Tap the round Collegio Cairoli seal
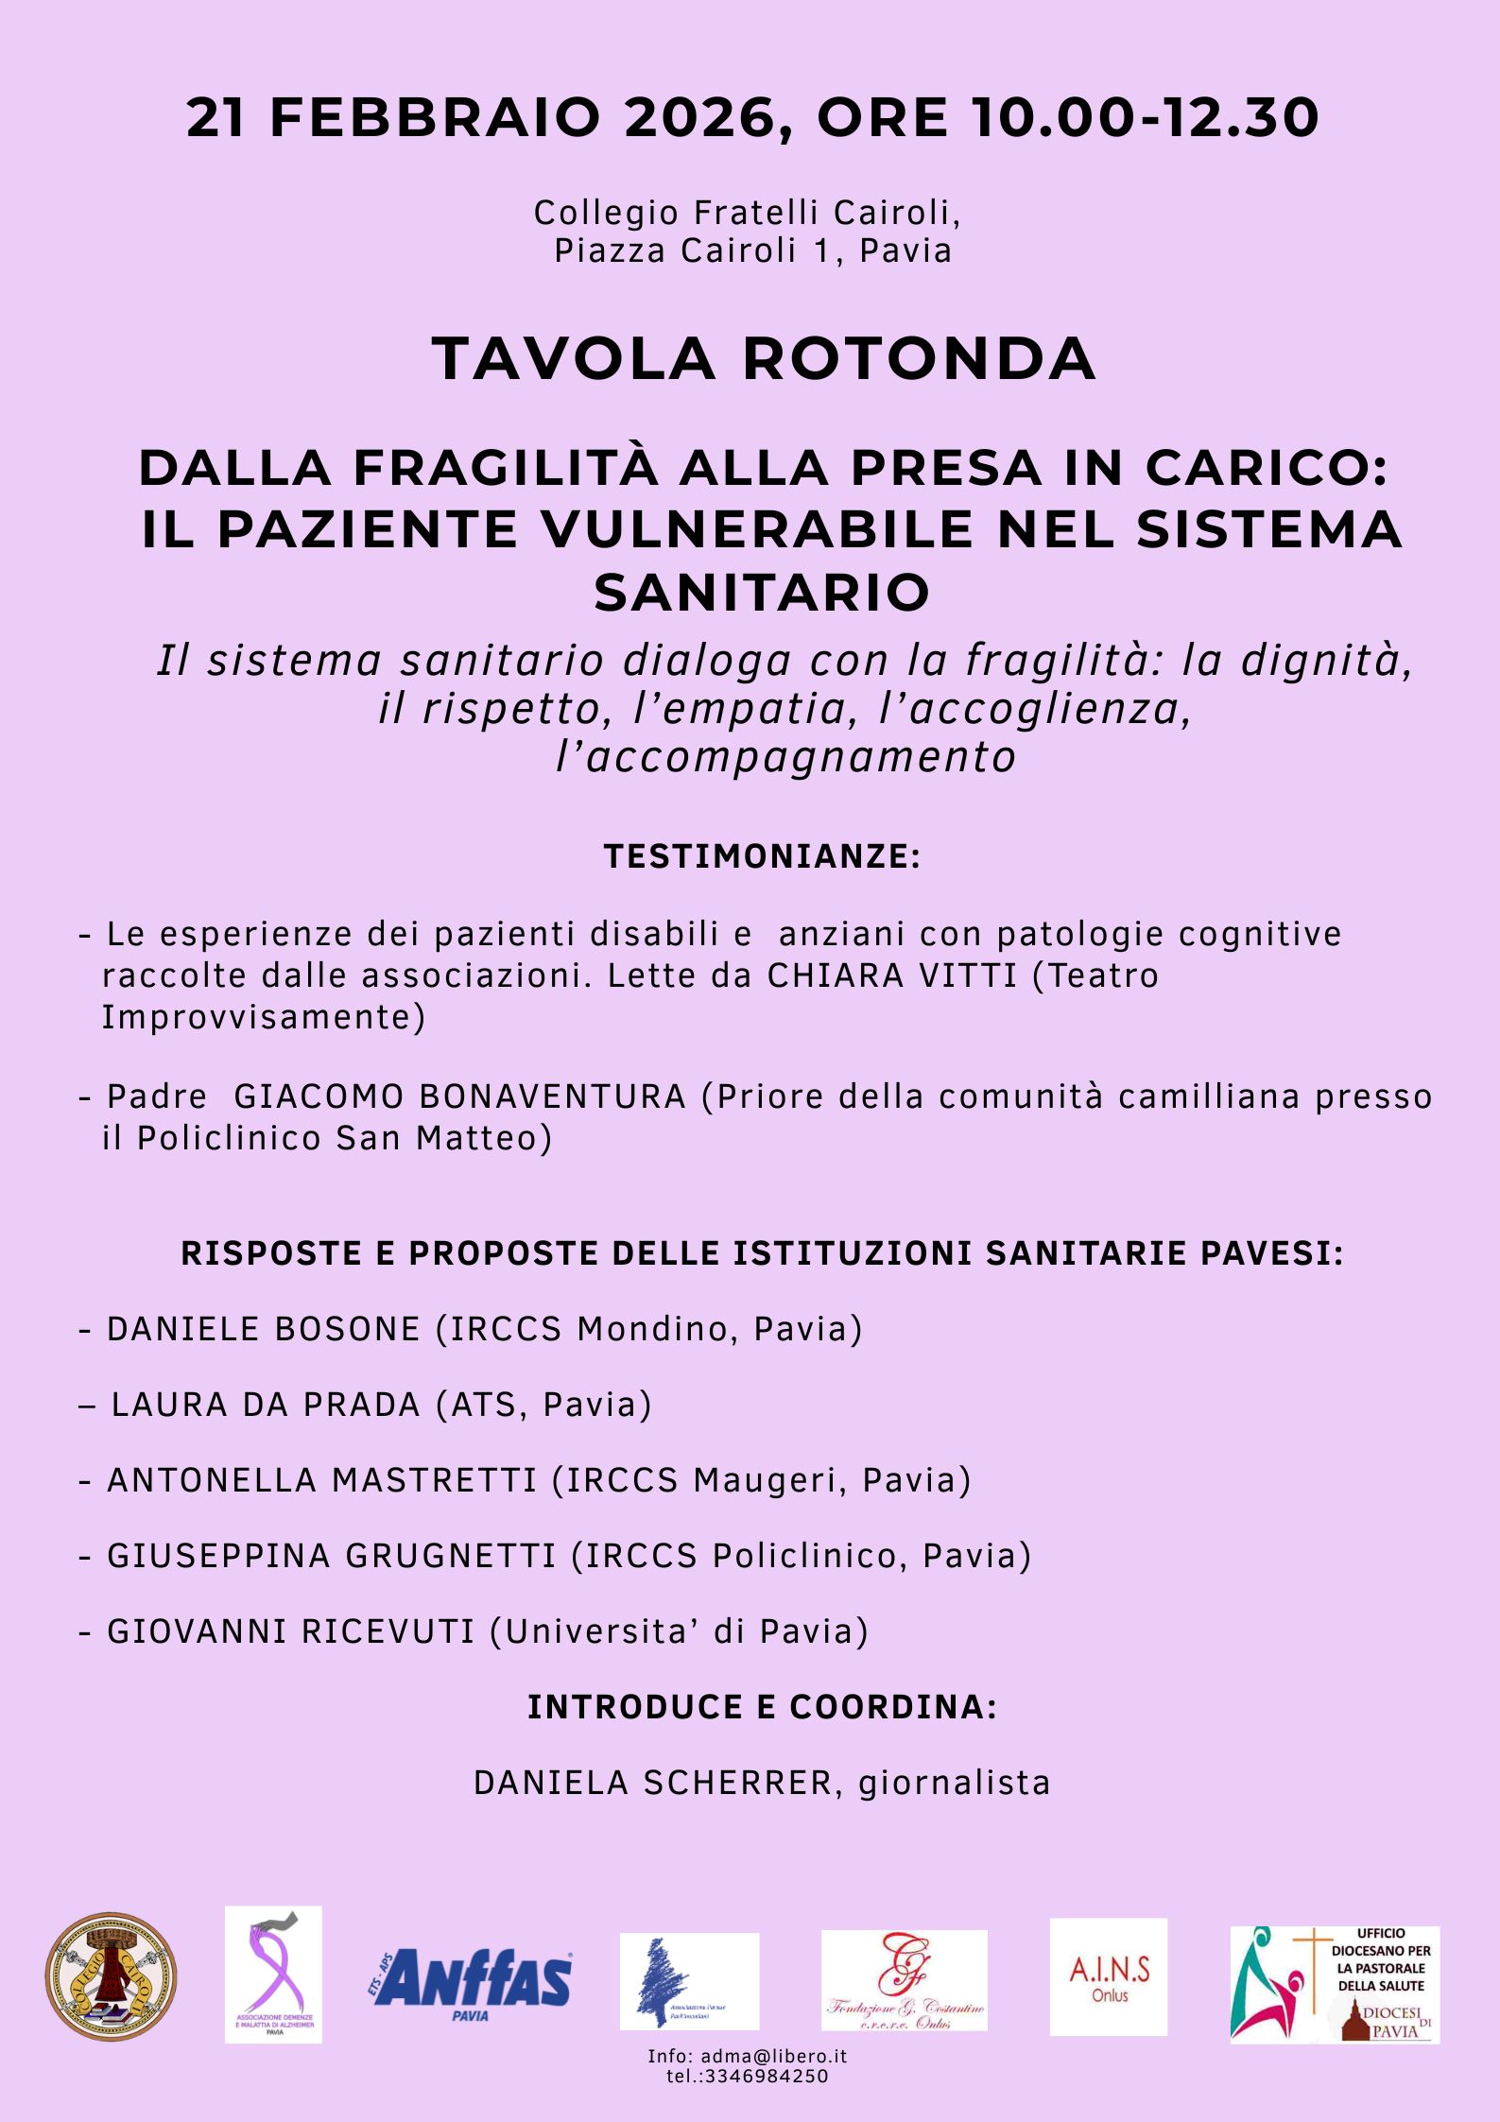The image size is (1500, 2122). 112,1976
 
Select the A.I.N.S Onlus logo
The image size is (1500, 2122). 1108,1976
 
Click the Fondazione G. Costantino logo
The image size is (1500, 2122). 904,1980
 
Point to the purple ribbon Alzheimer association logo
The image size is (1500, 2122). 273,1975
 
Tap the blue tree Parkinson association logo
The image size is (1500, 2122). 689,1981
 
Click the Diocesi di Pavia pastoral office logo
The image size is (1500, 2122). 1334,1984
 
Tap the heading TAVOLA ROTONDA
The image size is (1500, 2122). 764,359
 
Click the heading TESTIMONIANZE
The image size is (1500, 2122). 762,856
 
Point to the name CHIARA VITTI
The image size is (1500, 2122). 891,975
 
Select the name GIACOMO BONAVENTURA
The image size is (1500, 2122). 459,1096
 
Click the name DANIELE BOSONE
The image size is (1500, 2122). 264,1329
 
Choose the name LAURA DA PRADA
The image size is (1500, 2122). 266,1405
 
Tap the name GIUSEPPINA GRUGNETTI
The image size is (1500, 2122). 332,1556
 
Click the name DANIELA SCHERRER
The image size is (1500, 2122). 653,1783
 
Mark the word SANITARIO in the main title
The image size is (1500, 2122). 762,593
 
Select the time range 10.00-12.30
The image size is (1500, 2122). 1145,119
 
